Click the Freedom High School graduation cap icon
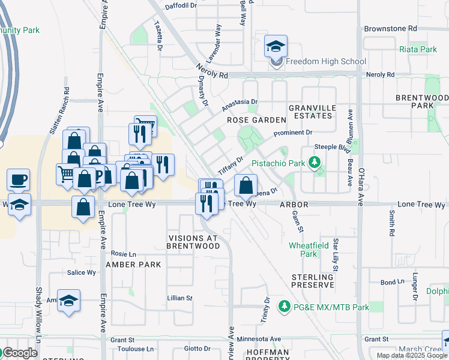tap(276, 47)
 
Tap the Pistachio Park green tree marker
tap(313, 162)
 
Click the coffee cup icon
tap(19, 179)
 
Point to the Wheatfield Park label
tap(303, 250)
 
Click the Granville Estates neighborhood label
tap(310, 111)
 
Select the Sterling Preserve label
tap(312, 280)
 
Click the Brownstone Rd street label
tap(390, 28)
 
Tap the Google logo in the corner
tap(19, 353)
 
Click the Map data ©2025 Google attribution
tap(412, 355)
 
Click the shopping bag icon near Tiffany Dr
tap(246, 185)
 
